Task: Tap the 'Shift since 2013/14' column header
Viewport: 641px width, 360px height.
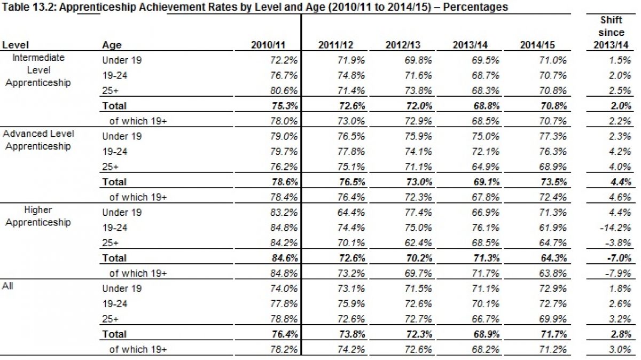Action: (x=612, y=33)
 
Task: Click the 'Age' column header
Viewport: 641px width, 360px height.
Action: (x=112, y=45)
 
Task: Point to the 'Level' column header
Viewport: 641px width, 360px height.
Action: (x=15, y=45)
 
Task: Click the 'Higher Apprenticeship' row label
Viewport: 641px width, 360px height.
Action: (x=38, y=216)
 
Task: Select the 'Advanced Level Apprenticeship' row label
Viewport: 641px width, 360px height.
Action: (x=38, y=140)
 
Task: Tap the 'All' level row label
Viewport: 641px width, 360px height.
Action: (x=8, y=286)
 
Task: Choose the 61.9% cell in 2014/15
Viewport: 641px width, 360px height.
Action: (x=553, y=228)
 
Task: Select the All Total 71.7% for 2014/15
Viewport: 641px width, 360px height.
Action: (x=552, y=334)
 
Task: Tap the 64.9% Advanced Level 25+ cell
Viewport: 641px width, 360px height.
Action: (x=486, y=167)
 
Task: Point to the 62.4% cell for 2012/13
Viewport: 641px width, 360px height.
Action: (x=418, y=242)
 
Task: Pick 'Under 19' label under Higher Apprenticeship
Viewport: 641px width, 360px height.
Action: (x=122, y=212)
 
